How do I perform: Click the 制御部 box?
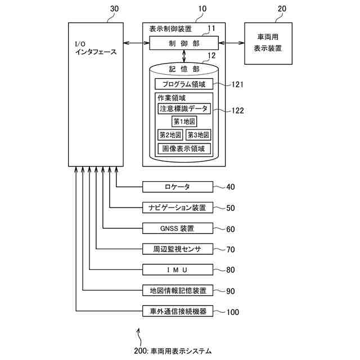[183, 43]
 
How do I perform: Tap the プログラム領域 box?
[183, 84]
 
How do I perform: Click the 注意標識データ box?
[183, 109]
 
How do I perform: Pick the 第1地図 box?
[184, 121]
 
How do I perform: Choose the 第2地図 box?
[170, 135]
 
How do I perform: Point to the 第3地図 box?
[198, 135]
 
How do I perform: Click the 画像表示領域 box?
[183, 149]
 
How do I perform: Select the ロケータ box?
[178, 187]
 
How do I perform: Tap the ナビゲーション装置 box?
[178, 208]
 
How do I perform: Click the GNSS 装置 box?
[178, 228]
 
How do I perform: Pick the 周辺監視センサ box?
[178, 249]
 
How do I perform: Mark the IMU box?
[178, 269]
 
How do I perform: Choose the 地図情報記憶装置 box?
[178, 290]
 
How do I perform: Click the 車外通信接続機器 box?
[178, 311]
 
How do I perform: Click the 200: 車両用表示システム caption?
[174, 350]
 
